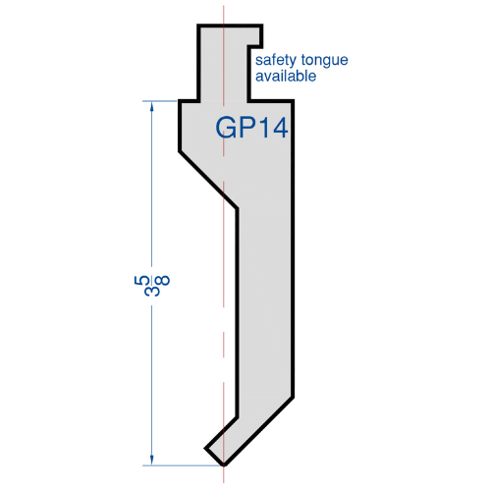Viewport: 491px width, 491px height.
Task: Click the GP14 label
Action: pyautogui.click(x=251, y=127)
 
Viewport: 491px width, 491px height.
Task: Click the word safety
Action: pyautogui.click(x=276, y=61)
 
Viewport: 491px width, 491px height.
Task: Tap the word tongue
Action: pyautogui.click(x=324, y=61)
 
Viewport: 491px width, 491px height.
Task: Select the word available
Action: pyautogui.click(x=286, y=77)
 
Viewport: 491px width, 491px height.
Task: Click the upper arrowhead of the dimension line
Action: pyautogui.click(x=151, y=106)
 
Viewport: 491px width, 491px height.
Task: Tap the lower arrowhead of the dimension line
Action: pyautogui.click(x=151, y=460)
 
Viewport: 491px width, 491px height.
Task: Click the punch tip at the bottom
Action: pyautogui.click(x=224, y=464)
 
